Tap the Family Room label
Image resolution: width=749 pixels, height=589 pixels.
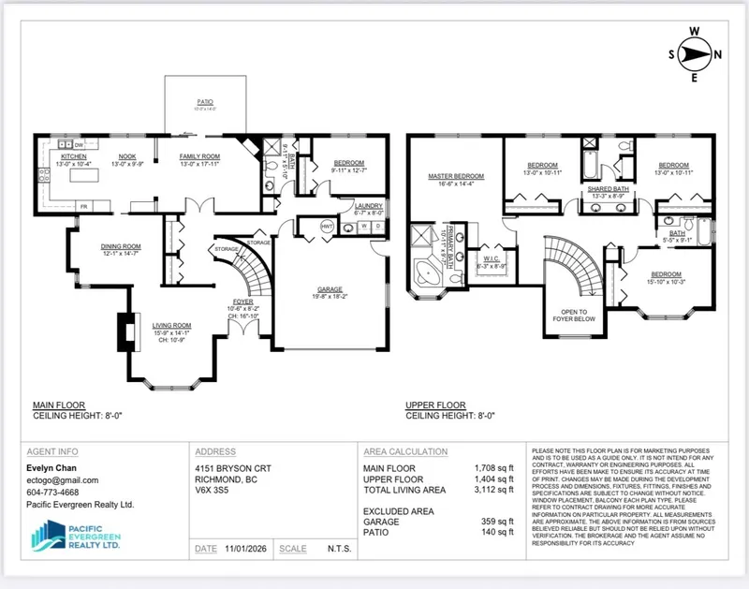199,156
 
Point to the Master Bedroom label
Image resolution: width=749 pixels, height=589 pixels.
456,176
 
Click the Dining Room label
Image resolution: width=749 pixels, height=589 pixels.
120,247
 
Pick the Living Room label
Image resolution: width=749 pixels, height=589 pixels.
170,326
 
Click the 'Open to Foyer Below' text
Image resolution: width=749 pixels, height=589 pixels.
575,316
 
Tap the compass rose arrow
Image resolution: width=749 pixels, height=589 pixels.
695,54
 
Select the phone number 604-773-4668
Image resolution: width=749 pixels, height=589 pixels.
53,492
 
